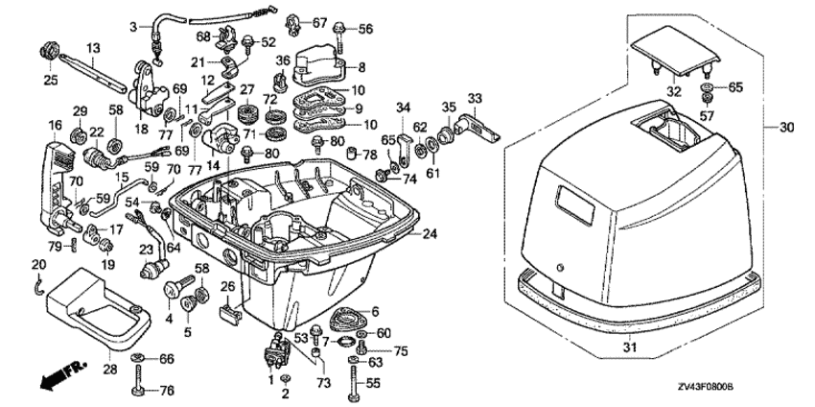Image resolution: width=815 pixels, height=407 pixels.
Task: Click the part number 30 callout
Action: (x=787, y=127)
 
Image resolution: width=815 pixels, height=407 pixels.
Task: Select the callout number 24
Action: (x=430, y=234)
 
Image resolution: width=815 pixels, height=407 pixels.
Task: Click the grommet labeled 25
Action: (x=50, y=53)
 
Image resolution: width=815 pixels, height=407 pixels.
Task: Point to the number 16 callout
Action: (x=55, y=125)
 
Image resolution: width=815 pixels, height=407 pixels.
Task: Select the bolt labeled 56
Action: (x=340, y=36)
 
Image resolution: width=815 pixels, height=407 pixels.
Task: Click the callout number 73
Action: (x=323, y=383)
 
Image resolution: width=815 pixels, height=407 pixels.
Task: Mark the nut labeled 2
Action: (x=285, y=378)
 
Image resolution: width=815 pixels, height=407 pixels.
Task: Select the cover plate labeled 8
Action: (x=318, y=66)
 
